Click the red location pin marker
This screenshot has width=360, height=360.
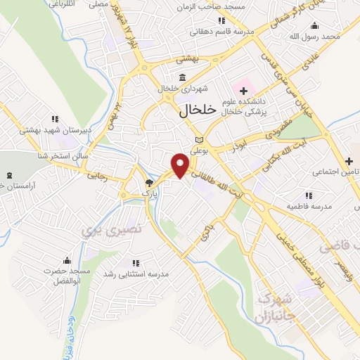click(181, 164)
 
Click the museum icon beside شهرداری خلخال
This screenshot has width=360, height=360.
click(182, 77)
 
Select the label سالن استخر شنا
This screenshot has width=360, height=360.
click(62, 155)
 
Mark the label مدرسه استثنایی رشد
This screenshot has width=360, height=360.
click(135, 273)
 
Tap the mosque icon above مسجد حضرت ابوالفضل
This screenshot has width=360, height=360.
click(67, 260)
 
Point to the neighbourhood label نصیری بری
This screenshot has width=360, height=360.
click(101, 229)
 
